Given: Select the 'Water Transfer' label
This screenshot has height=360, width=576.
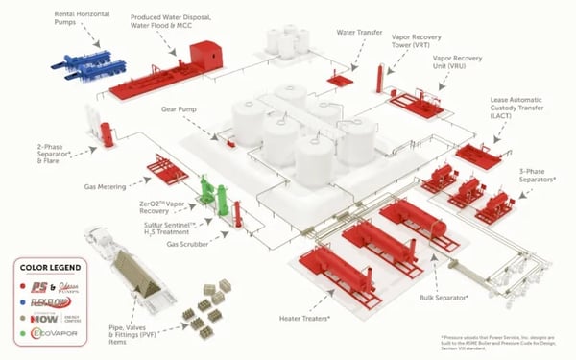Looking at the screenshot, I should (359, 32).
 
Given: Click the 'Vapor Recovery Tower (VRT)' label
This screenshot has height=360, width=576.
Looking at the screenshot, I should (418, 46).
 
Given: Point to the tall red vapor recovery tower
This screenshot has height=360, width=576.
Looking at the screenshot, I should (380, 80).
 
